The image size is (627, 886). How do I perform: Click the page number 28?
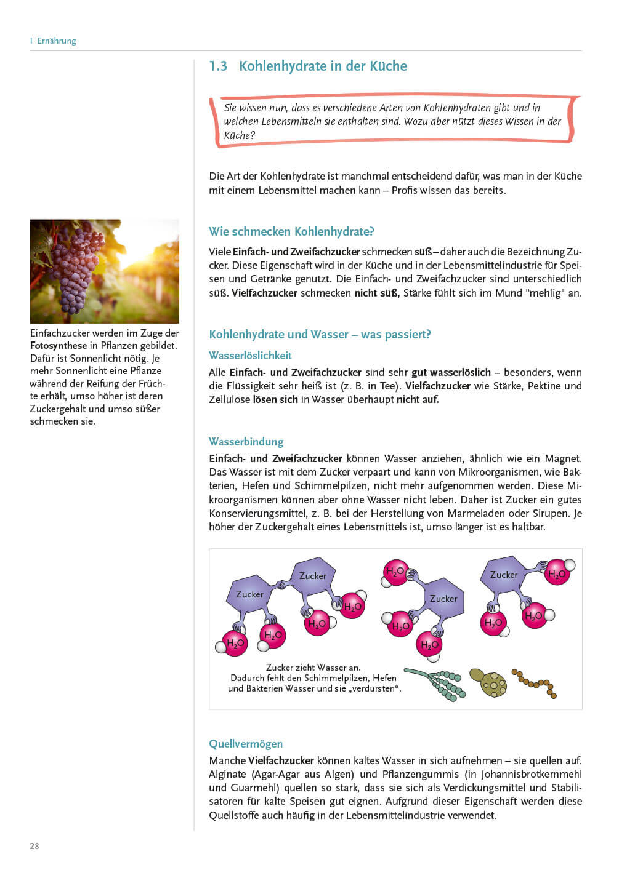(x=34, y=846)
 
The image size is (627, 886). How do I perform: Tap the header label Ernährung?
(x=57, y=41)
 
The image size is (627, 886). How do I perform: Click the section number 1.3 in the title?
(x=218, y=66)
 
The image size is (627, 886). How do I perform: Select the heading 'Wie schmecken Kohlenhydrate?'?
(x=291, y=232)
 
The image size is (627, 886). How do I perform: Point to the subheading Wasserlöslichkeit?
(x=250, y=356)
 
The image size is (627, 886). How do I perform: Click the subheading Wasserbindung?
(x=246, y=442)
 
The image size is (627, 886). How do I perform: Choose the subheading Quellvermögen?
(x=246, y=744)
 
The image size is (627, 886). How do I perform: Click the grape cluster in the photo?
(x=77, y=268)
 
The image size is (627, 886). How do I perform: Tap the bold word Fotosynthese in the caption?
(x=59, y=346)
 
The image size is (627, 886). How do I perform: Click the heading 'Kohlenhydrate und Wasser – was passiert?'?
(x=320, y=335)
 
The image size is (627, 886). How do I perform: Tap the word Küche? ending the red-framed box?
(x=239, y=135)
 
